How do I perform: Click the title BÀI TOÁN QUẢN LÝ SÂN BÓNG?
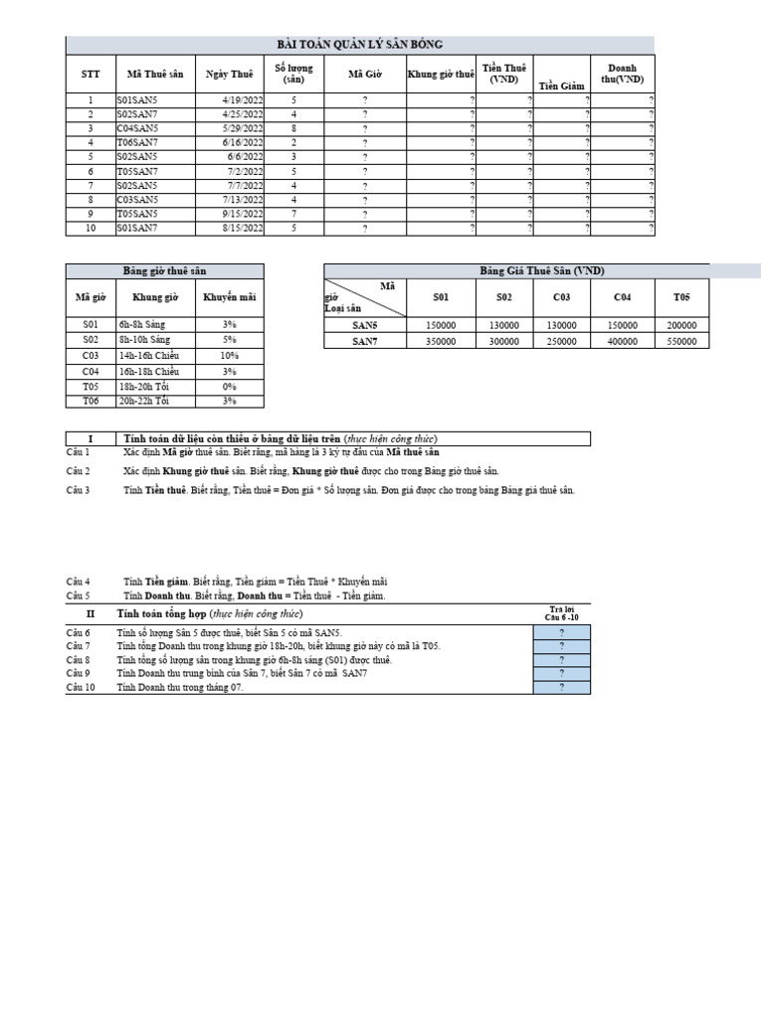tap(360, 44)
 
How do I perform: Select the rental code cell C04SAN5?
tap(136, 128)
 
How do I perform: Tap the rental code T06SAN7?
tap(136, 142)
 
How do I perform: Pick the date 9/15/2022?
tap(243, 214)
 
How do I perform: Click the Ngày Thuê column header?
tap(229, 74)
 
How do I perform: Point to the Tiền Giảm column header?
tap(562, 86)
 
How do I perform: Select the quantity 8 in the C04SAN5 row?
tap(293, 128)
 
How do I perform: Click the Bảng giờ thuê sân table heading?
tap(165, 270)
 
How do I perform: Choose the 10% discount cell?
tap(229, 355)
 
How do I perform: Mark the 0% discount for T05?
tap(229, 385)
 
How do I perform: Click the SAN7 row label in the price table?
tap(366, 341)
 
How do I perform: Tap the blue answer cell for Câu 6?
tap(562, 632)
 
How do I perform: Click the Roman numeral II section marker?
tap(90, 614)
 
